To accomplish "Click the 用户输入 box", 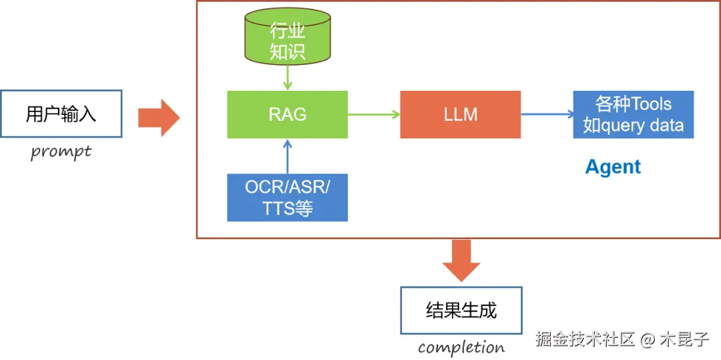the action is coord(61,114).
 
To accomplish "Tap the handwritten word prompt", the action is coord(61,152).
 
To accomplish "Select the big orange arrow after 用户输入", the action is coord(159,118).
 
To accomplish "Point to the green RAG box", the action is coord(287,114).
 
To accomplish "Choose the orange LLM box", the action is coord(460,114).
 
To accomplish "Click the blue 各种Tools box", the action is coord(633,114).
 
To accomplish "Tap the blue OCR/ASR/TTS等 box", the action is coord(287,197).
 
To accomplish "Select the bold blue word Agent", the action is coord(613,167).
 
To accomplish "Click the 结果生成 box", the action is coord(461,311).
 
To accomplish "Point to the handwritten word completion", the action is coord(461,347).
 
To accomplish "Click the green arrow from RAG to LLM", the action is coord(374,114).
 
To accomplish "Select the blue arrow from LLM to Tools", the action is coord(547,114).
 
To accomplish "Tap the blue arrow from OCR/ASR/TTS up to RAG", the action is coord(287,156).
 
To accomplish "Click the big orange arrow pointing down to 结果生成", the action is coord(461,260).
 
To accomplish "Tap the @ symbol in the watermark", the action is coord(648,340).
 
